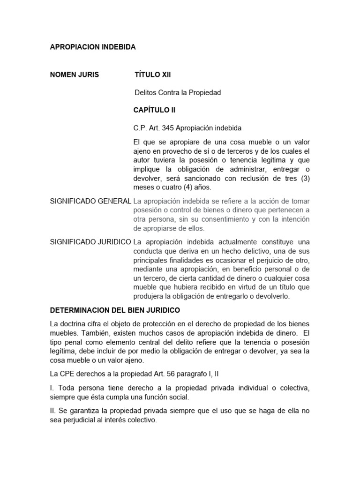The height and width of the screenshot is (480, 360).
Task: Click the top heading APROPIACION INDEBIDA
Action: point(93,47)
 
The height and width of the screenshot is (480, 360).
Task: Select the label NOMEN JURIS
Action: point(75,75)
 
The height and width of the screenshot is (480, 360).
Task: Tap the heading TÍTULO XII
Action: point(150,75)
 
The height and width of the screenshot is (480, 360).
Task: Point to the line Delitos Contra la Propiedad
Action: point(178,93)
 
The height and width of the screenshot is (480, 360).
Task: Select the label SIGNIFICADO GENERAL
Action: point(90,201)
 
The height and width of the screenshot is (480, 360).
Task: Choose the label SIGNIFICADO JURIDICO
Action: point(90,242)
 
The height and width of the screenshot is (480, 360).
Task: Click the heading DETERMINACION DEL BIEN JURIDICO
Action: point(115,310)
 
